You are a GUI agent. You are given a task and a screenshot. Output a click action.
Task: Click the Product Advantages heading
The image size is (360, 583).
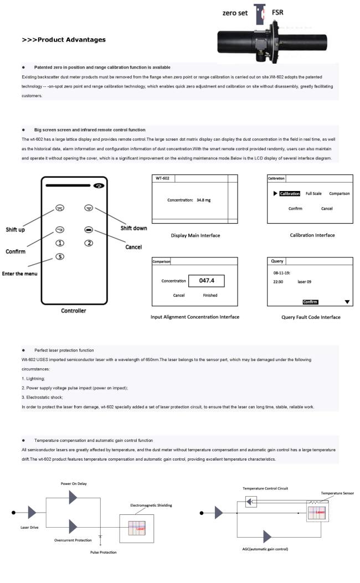pos(64,40)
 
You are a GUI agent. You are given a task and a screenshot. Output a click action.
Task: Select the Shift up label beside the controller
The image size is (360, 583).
pos(14,230)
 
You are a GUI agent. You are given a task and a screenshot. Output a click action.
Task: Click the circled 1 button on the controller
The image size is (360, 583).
pos(60,243)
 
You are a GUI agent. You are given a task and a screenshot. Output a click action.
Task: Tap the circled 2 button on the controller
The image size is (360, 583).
pos(88,243)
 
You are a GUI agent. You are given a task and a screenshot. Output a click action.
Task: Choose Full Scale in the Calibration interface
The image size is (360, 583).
pos(314,194)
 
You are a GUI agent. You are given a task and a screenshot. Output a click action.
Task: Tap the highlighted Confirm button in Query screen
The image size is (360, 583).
pos(310,302)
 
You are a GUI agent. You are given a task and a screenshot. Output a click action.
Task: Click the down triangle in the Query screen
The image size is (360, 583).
pos(347,302)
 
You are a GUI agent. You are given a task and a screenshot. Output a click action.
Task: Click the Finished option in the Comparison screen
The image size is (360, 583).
pos(210,295)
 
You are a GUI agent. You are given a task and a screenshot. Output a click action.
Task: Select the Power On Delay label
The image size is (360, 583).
pos(74,483)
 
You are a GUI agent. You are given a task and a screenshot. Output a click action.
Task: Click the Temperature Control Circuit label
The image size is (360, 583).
pos(265,488)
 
